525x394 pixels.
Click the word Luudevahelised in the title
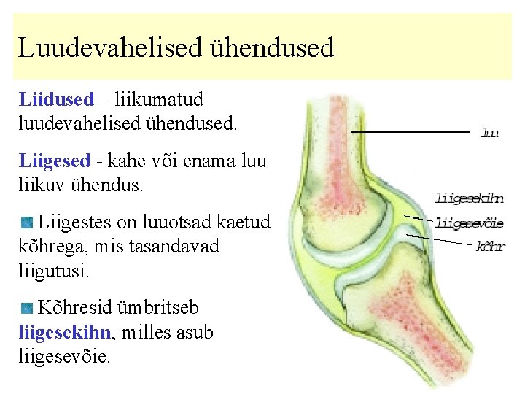pyautogui.click(x=109, y=49)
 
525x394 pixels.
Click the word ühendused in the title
pyautogui.click(x=271, y=49)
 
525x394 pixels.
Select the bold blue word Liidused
pyautogui.click(x=56, y=98)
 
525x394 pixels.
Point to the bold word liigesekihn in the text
pyautogui.click(x=65, y=333)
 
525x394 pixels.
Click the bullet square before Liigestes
pyautogui.click(x=27, y=222)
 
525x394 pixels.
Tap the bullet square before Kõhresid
pyautogui.click(x=27, y=308)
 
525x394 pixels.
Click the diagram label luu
pyautogui.click(x=490, y=133)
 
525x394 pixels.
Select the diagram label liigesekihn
pyautogui.click(x=470, y=198)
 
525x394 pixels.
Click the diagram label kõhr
pyautogui.click(x=490, y=246)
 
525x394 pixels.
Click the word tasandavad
pyautogui.click(x=174, y=246)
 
